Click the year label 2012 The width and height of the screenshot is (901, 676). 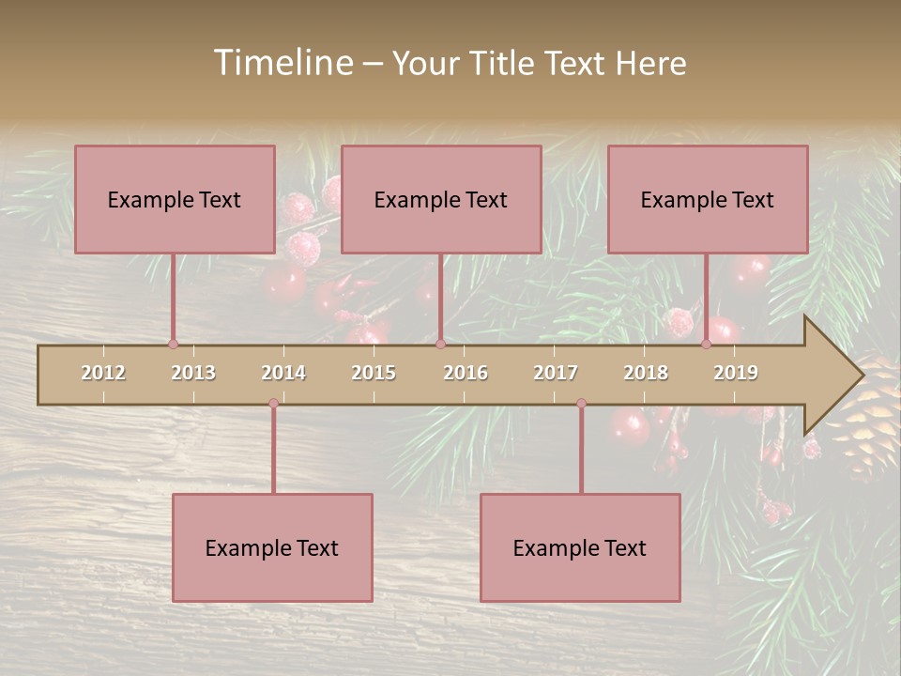pyautogui.click(x=103, y=373)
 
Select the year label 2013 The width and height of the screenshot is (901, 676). pyautogui.click(x=193, y=373)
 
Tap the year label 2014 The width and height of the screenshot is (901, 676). pyautogui.click(x=283, y=373)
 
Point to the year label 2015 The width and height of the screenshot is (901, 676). pyautogui.click(x=374, y=373)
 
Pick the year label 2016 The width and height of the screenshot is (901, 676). pyautogui.click(x=466, y=373)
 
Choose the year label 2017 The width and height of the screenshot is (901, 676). pyautogui.click(x=556, y=373)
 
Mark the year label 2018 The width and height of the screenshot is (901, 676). pyautogui.click(x=646, y=373)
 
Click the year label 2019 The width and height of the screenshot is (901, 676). pyautogui.click(x=736, y=373)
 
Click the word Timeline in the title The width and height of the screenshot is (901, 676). pyautogui.click(x=283, y=63)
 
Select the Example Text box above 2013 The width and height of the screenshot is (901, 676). pyautogui.click(x=175, y=199)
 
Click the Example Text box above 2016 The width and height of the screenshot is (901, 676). pyautogui.click(x=441, y=199)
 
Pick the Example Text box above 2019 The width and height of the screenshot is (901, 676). pyautogui.click(x=708, y=199)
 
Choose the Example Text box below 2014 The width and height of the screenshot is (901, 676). pyautogui.click(x=272, y=547)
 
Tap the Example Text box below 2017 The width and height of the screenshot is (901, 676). pyautogui.click(x=580, y=547)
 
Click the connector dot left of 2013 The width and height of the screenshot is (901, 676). pyautogui.click(x=173, y=344)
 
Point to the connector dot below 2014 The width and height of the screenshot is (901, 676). pyautogui.click(x=273, y=404)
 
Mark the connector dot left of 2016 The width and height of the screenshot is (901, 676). pyautogui.click(x=440, y=344)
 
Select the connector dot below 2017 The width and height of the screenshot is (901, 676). pyautogui.click(x=581, y=404)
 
